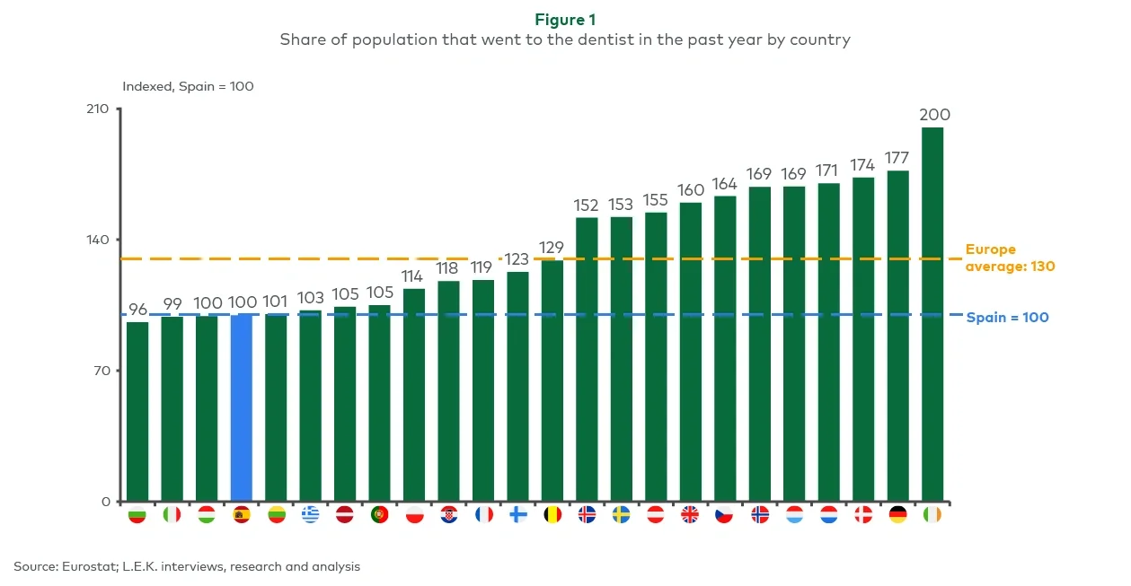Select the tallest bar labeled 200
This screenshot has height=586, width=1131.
click(932, 314)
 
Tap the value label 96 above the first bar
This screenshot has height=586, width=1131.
click(137, 310)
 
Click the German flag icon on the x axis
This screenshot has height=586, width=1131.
click(897, 515)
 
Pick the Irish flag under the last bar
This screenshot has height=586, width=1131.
click(932, 515)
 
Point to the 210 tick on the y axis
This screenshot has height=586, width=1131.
click(98, 109)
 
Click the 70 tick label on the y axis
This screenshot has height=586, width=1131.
click(102, 371)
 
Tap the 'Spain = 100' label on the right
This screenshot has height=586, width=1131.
click(1007, 318)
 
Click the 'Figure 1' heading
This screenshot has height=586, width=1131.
click(565, 20)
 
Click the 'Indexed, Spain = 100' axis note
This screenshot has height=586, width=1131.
click(188, 87)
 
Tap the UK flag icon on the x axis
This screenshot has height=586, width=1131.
click(690, 515)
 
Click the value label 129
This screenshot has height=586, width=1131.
click(552, 247)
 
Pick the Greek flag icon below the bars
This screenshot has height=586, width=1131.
click(310, 515)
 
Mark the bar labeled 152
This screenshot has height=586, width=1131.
click(587, 359)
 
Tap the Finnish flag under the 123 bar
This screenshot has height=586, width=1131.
click(517, 515)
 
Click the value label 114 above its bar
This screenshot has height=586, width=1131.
click(413, 276)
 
